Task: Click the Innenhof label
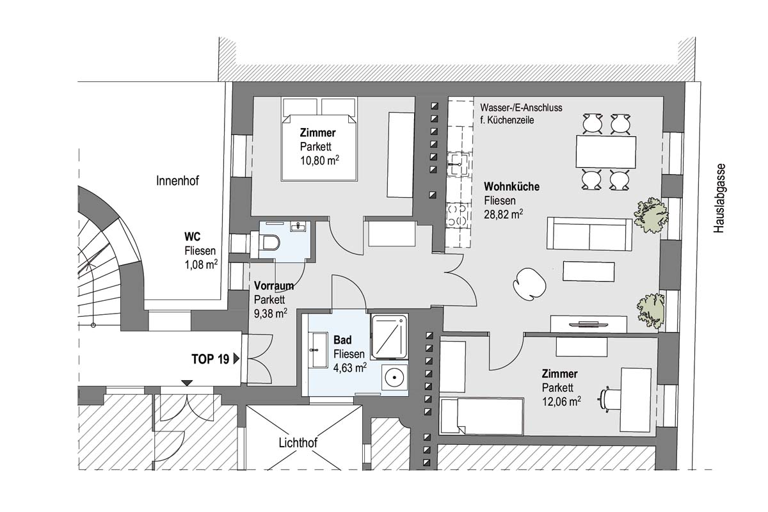coord(177,180)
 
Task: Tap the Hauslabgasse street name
coord(719,198)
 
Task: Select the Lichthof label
coord(298,443)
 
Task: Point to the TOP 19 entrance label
coord(210,359)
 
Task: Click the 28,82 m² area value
coord(503,214)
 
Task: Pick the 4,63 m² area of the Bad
coord(349,367)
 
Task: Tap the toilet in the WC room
coord(266,243)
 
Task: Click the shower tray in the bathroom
coord(390,336)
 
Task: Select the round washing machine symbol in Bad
coord(394,377)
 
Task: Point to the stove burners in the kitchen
coord(458,216)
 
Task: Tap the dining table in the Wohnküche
coord(606,152)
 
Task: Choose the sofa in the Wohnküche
coord(589,234)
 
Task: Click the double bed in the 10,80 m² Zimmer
coord(319,139)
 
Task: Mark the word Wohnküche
coord(511,186)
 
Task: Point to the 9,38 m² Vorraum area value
coord(271,314)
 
